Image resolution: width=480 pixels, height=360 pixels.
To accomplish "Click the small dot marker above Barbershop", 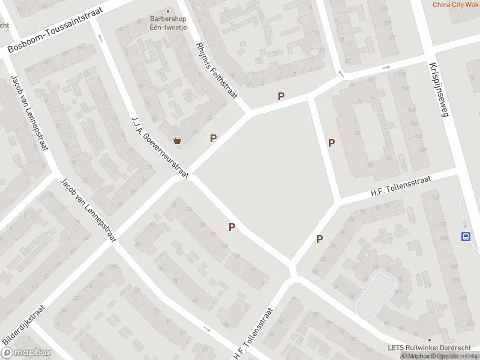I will tap(167, 11).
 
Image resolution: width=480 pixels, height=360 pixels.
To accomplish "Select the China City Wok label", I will tap(455, 5).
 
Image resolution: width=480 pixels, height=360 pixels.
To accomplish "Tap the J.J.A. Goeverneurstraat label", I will tap(160, 147).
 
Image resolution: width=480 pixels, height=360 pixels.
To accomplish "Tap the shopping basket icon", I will tap(178, 140).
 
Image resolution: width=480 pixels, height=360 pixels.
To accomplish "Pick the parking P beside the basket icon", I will tap(213, 139).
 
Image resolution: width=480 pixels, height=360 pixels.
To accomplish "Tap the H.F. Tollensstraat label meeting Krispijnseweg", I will tap(397, 188).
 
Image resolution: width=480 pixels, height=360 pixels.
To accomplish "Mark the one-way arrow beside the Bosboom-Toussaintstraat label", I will tap(100, 38).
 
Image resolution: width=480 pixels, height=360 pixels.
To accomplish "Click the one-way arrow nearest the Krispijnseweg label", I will tap(386, 68).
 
